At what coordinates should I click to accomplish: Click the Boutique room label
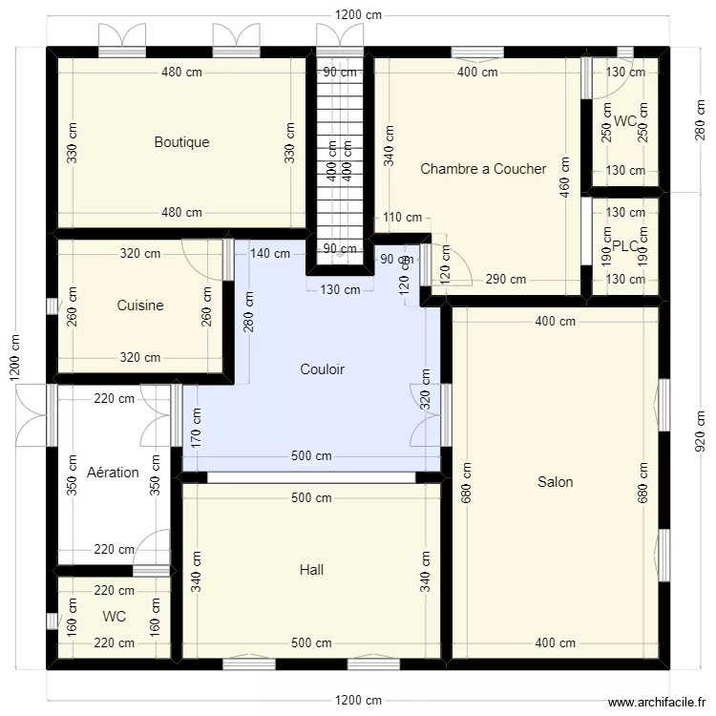pos(181,142)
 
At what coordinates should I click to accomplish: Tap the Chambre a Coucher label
pos(483,169)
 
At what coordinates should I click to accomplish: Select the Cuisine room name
pos(140,305)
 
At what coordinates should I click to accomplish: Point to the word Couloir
pos(322,369)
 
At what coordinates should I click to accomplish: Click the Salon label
pos(555,482)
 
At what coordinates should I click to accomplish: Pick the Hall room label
pos(311,570)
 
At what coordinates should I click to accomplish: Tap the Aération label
pos(113,473)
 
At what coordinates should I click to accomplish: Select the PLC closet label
pos(625,245)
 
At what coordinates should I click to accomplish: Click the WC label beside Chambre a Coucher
pos(625,121)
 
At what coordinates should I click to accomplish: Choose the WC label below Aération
pos(115,617)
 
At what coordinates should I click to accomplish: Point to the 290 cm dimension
pos(505,280)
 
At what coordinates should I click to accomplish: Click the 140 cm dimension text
pos(270,253)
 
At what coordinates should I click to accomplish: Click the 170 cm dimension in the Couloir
pos(197,429)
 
